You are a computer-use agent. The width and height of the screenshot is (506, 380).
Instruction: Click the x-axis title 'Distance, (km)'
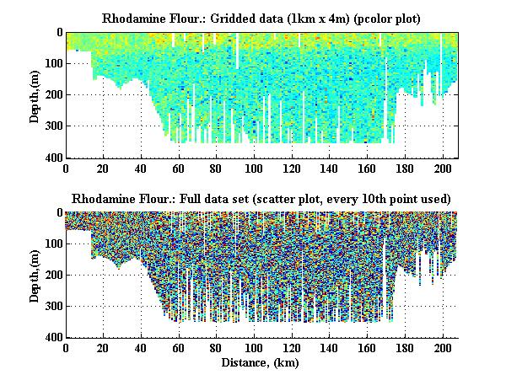coord(261,363)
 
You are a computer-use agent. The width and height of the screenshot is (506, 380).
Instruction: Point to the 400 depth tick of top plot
coord(51,158)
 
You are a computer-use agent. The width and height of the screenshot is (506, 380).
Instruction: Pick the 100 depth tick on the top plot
coord(51,63)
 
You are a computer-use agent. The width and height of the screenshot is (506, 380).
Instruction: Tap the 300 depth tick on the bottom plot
coord(51,306)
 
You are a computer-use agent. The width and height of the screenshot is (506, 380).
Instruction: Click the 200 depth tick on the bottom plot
coord(51,275)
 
